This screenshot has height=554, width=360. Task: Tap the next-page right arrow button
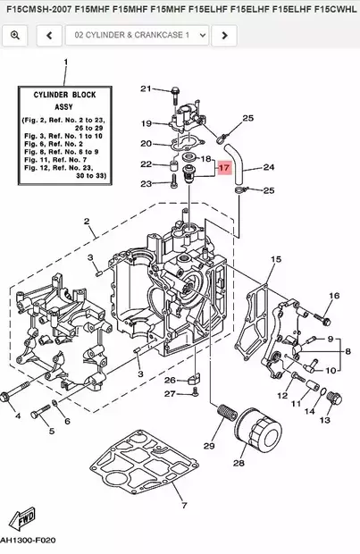click(x=225, y=35)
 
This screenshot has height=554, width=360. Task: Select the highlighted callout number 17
click(x=224, y=167)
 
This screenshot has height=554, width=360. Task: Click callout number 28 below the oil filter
click(x=239, y=463)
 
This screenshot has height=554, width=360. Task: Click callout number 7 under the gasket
click(x=184, y=505)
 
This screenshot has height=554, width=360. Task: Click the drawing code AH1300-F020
click(x=28, y=541)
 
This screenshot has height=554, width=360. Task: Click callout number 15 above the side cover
click(x=276, y=259)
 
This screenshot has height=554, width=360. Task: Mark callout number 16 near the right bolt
click(x=333, y=296)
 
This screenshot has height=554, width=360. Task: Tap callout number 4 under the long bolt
click(x=16, y=415)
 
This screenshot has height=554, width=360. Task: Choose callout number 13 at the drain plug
click(x=324, y=420)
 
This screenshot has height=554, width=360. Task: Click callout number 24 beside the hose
click(x=268, y=167)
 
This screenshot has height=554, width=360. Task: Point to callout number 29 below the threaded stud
click(x=210, y=445)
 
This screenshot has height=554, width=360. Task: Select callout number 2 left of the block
click(x=87, y=221)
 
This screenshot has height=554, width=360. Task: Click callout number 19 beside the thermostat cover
click(x=147, y=122)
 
